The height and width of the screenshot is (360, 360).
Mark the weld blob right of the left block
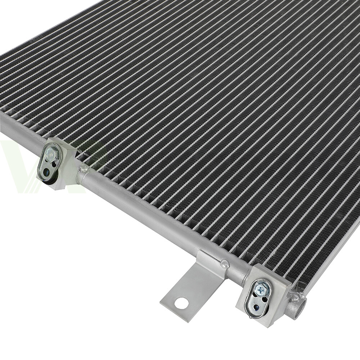[84, 168]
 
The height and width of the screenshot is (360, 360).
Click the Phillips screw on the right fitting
[261, 288]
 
